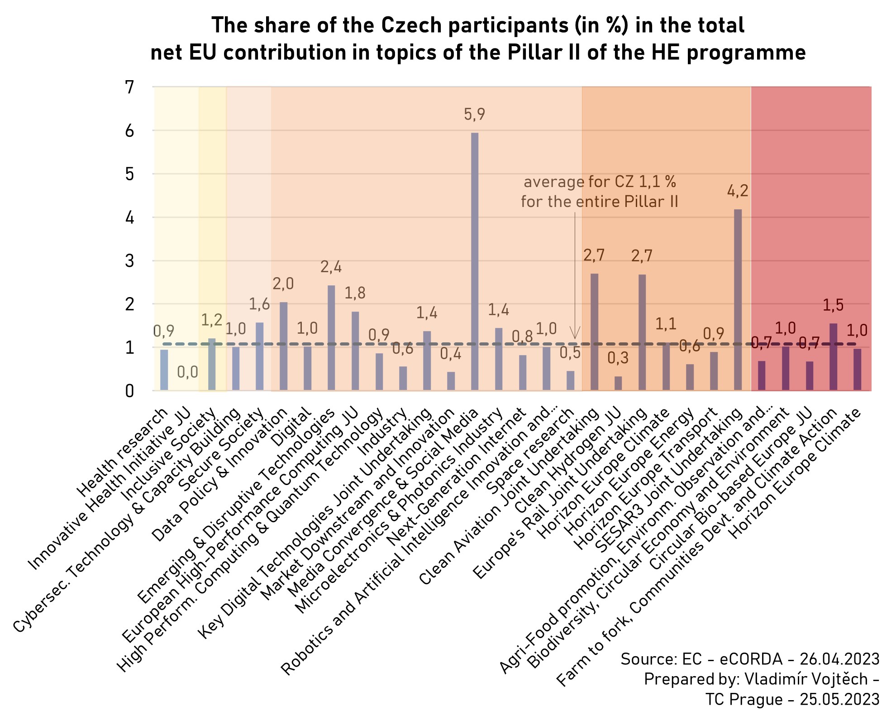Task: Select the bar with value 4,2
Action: click(738, 299)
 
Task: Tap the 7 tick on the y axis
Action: click(130, 87)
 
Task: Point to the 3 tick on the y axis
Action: click(130, 261)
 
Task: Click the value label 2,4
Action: click(331, 267)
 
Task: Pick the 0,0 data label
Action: click(187, 372)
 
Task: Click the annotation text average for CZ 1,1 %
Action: click(600, 182)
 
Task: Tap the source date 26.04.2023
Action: click(839, 659)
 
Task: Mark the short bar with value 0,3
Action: click(618, 383)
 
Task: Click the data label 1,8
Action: click(355, 293)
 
